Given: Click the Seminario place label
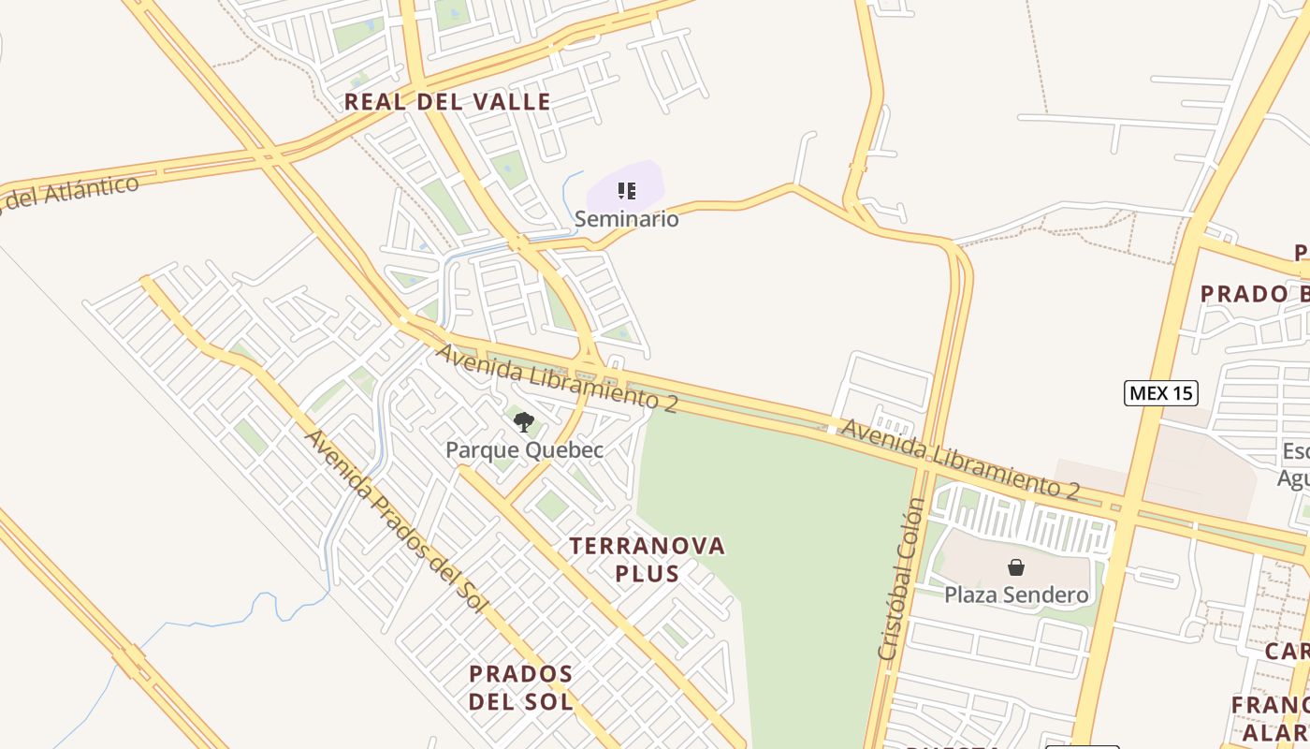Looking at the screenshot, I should tap(626, 219).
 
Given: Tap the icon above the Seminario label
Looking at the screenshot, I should tap(627, 192).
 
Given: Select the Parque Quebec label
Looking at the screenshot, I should tap(524, 450).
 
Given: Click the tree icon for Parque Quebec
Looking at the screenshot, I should tap(524, 422).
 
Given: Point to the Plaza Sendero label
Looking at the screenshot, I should tap(1016, 595).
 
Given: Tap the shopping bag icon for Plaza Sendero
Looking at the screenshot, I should tap(1016, 567).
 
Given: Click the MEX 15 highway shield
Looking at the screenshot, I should tap(1160, 393).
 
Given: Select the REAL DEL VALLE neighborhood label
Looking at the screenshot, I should tap(447, 102).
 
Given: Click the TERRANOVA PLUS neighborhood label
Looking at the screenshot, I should tap(648, 559).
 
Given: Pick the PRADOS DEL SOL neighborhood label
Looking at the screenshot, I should tap(521, 687).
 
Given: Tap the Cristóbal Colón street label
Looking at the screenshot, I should tap(901, 580).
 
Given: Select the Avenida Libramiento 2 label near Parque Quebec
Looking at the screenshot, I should tap(557, 377).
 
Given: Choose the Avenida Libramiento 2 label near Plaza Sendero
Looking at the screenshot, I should tap(960, 459).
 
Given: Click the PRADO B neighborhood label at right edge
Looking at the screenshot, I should tap(1254, 294).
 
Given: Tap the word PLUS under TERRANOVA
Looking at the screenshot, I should tap(648, 573).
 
